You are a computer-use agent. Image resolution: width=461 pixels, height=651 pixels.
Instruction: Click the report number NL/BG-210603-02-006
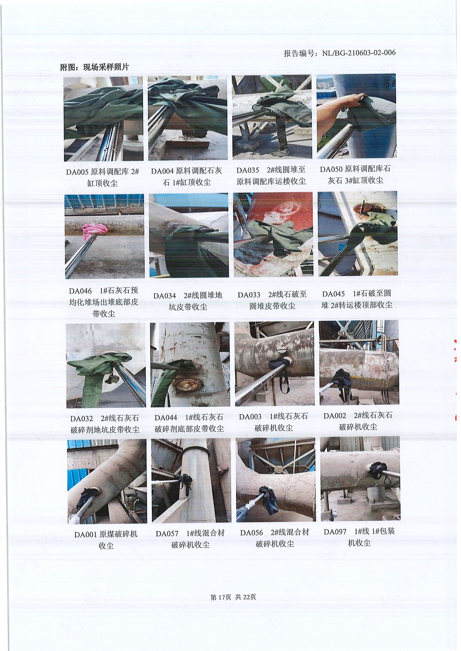tap(359, 53)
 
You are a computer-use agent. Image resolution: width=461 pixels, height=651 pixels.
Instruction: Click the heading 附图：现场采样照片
tap(94, 67)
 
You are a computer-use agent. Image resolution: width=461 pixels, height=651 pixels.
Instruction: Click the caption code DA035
tap(248, 170)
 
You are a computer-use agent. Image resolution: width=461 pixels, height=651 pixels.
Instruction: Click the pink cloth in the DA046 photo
tap(94, 232)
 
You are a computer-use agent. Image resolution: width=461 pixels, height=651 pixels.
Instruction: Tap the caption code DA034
tap(165, 296)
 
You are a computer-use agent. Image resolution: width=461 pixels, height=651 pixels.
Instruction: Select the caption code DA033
tap(249, 295)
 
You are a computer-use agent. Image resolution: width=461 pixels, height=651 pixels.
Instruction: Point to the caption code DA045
tap(334, 294)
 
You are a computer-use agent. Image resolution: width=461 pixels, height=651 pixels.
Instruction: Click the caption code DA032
tap(82, 419)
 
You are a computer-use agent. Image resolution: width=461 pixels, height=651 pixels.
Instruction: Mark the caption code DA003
tap(250, 417)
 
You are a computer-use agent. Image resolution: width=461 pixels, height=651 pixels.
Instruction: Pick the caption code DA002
tap(335, 416)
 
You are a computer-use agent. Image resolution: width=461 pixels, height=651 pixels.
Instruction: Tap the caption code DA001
tap(86, 535)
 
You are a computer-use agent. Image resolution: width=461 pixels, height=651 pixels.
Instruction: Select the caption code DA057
tap(167, 534)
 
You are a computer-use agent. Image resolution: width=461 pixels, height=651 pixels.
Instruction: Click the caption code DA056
tap(252, 533)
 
